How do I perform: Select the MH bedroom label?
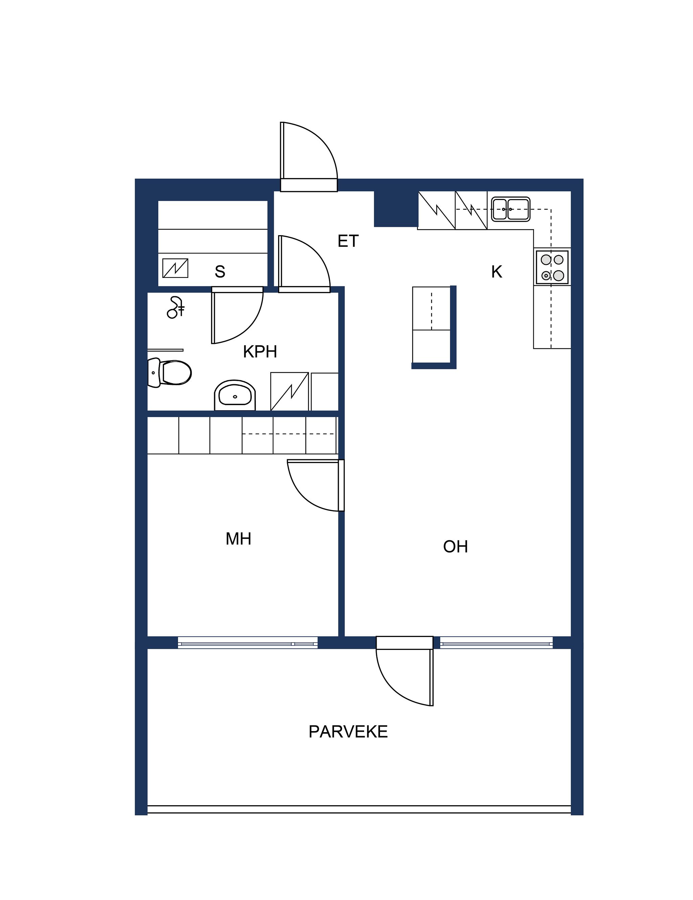pyautogui.click(x=238, y=539)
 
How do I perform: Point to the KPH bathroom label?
pyautogui.click(x=260, y=352)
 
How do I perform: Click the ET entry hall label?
pyautogui.click(x=348, y=241)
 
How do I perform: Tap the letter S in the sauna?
pyautogui.click(x=220, y=271)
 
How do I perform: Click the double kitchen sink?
pyautogui.click(x=511, y=209)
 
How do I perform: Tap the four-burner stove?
pyautogui.click(x=552, y=267)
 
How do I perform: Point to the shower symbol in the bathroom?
pyautogui.click(x=176, y=307)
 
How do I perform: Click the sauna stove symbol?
pyautogui.click(x=176, y=268)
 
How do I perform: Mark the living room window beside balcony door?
pyautogui.click(x=496, y=643)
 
